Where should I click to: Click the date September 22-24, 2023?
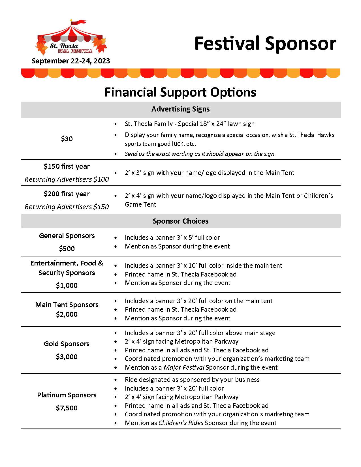[71, 61]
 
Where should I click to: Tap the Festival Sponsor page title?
[265, 44]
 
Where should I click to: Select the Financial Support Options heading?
[180, 92]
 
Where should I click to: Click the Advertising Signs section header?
[180, 109]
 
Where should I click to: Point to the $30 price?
[67, 139]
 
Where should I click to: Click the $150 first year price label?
[67, 166]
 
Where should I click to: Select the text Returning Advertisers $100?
[67, 179]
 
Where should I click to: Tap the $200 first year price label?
[67, 194]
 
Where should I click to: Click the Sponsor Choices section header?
[180, 221]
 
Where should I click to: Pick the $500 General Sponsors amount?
[67, 249]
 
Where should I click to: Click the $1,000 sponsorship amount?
[67, 286]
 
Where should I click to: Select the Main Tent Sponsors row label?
[67, 305]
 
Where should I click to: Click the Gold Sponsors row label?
[67, 344]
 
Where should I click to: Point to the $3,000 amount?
[67, 357]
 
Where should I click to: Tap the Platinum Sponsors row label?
[67, 395]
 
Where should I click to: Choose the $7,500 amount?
[67, 408]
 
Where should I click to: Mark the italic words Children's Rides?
[181, 423]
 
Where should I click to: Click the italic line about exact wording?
[200, 154]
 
